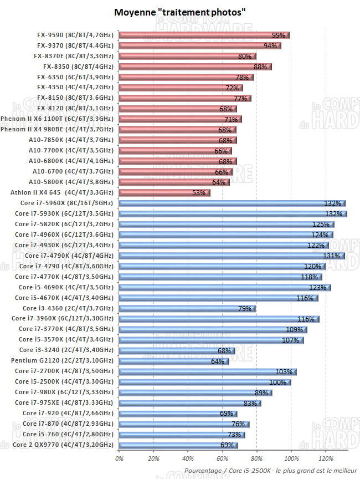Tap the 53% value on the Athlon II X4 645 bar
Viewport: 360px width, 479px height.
pyautogui.click(x=198, y=192)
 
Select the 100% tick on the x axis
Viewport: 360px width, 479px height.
pyautogui.click(x=291, y=458)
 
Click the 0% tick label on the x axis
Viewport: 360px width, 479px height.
pyautogui.click(x=119, y=458)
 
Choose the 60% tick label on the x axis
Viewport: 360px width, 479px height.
pyautogui.click(x=223, y=458)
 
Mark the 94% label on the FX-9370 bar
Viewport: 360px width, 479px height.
pyautogui.click(x=270, y=45)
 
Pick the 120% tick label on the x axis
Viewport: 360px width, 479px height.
pyautogui.click(x=326, y=458)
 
